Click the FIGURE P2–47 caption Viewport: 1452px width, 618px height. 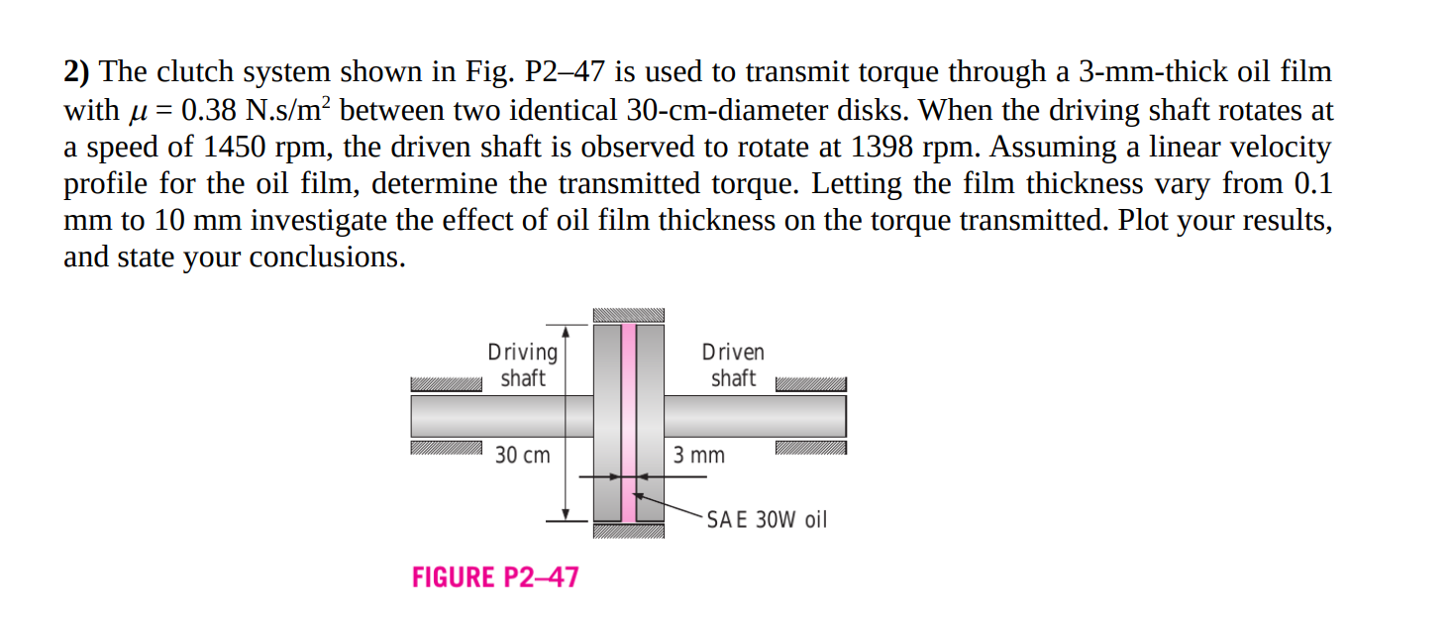495,577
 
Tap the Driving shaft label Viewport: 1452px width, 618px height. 522,364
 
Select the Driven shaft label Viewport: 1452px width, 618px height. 733,364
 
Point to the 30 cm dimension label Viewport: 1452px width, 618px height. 522,456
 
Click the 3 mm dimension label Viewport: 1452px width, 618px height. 698,456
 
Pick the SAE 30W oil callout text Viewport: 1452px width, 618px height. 767,520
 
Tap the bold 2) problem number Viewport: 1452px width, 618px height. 78,72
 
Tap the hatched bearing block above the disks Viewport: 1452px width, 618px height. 628,315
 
